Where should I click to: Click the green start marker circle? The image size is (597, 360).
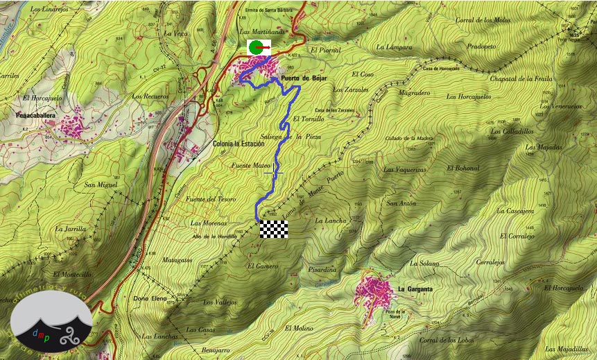(256, 48)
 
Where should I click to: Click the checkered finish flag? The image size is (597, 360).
(273, 230)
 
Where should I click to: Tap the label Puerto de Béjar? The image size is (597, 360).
(304, 79)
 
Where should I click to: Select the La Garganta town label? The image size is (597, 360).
(415, 289)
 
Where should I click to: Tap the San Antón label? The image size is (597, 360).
(401, 203)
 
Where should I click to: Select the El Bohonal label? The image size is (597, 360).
(463, 168)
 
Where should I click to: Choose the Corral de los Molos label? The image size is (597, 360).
(483, 20)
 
